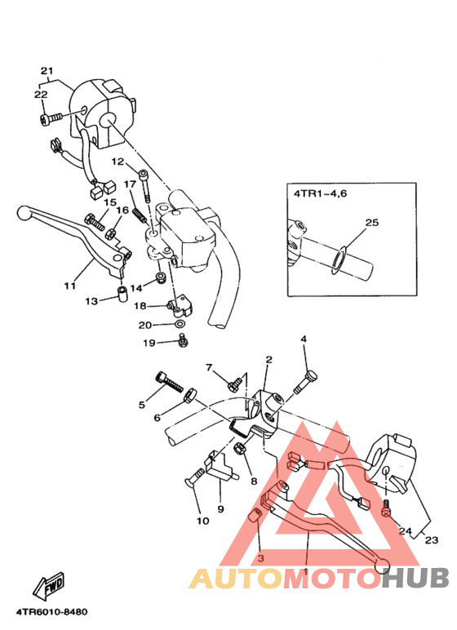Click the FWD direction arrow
click(49, 584)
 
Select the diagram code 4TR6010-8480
click(52, 612)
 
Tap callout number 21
click(47, 71)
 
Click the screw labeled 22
click(51, 119)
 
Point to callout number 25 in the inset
click(372, 222)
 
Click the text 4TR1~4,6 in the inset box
click(320, 193)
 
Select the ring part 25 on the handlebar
click(338, 262)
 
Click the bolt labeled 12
click(145, 185)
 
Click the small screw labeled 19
click(184, 340)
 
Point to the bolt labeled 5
click(169, 381)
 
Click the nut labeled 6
click(189, 394)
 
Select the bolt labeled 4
click(305, 381)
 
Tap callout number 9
click(220, 509)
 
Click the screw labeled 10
click(195, 477)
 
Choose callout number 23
click(431, 539)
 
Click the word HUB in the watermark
click(415, 578)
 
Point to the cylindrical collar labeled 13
click(122, 294)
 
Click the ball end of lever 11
click(24, 212)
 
